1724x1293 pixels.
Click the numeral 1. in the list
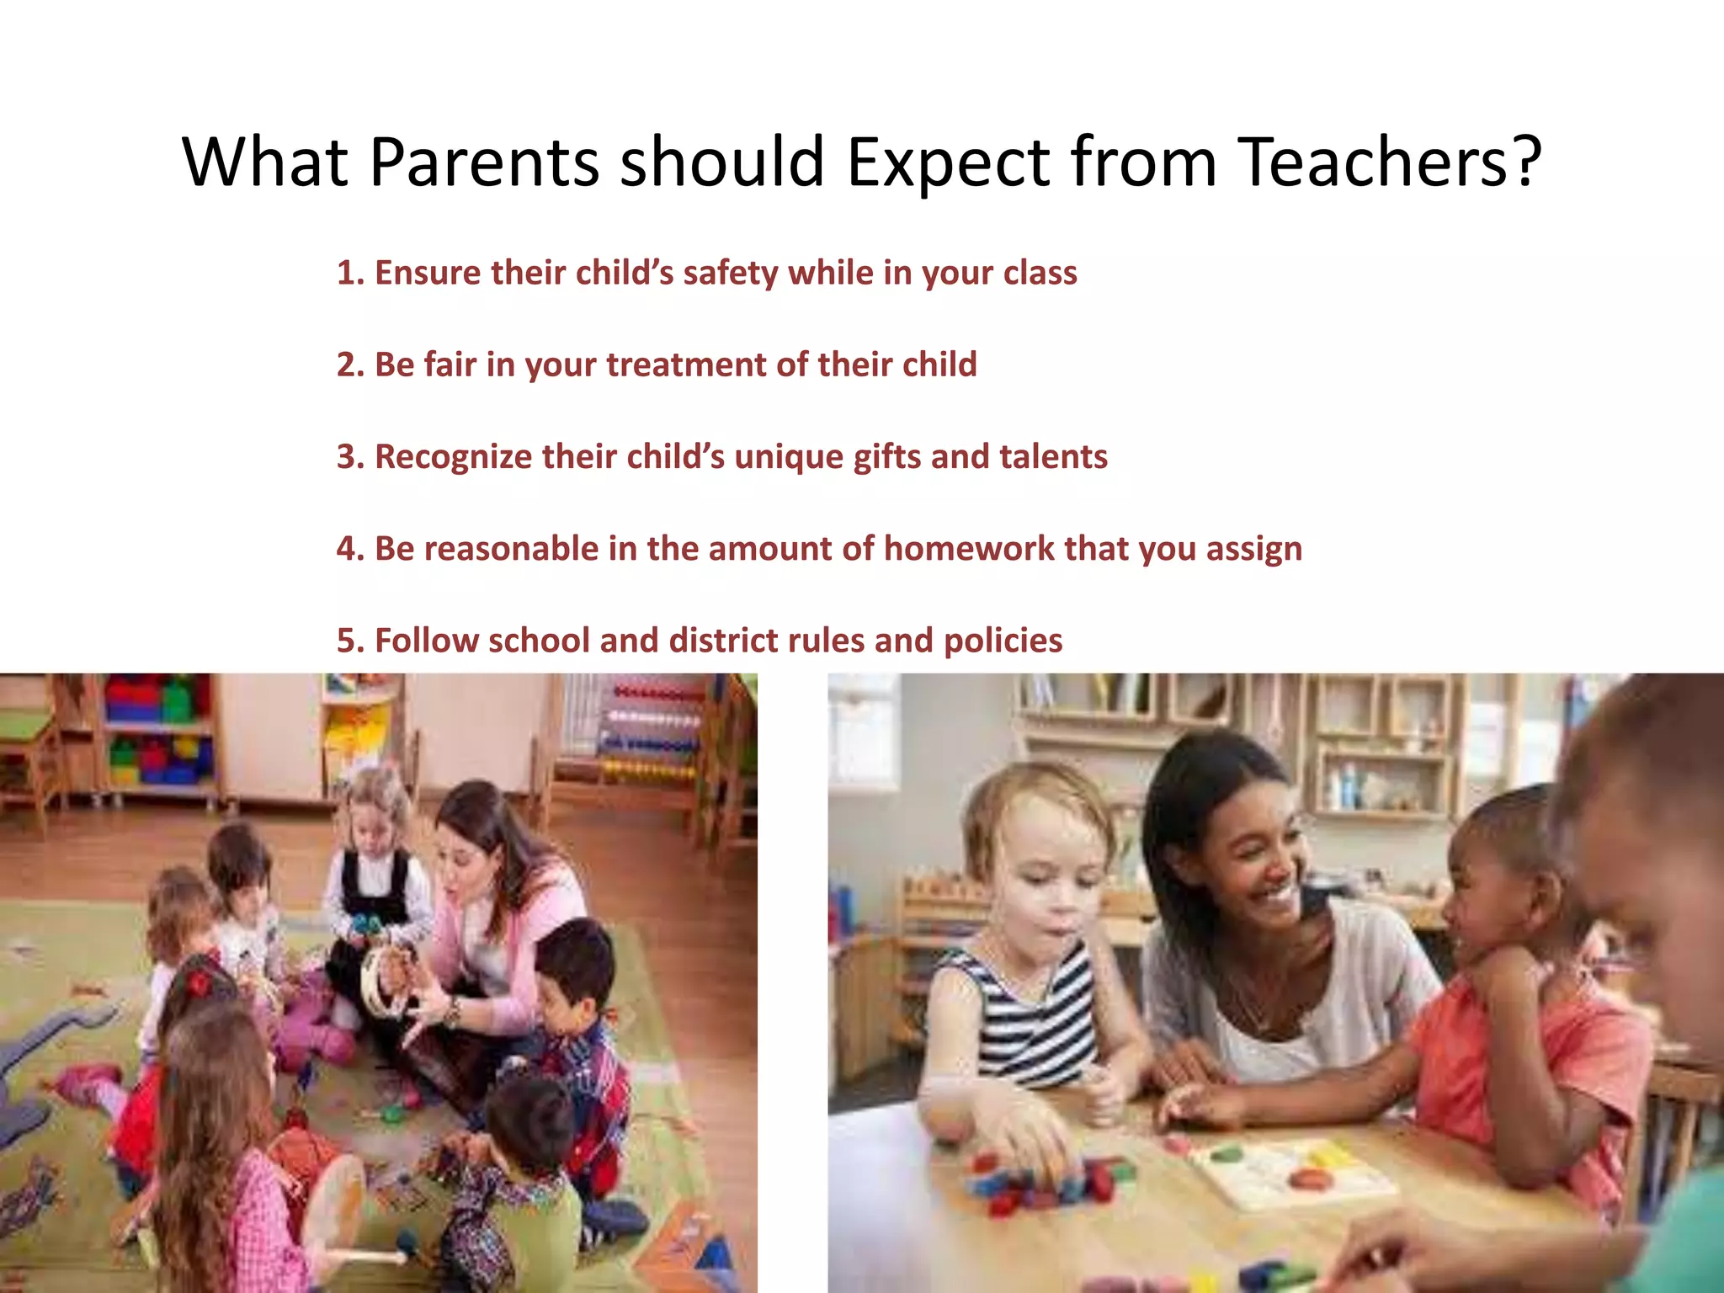tap(350, 273)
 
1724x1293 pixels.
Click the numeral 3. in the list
tap(350, 456)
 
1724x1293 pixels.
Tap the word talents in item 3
tap(1053, 456)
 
